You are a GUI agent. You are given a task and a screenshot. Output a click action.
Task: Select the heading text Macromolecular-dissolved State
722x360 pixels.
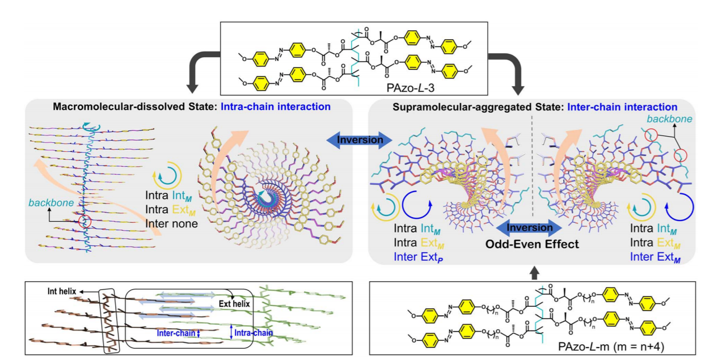[x=137, y=106]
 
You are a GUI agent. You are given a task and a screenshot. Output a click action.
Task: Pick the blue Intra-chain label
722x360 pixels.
[x=253, y=334]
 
